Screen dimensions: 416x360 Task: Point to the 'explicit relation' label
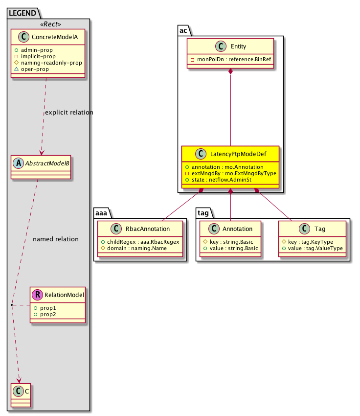pyautogui.click(x=68, y=113)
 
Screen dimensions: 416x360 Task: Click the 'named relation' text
pyautogui.click(x=55, y=239)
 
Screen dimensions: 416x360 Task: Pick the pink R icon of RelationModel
pyautogui.click(x=39, y=295)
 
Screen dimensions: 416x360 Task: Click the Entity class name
pyautogui.click(x=237, y=47)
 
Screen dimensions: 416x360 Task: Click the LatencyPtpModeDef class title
pyautogui.click(x=236, y=154)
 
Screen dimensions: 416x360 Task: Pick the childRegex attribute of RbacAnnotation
pyautogui.click(x=140, y=242)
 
